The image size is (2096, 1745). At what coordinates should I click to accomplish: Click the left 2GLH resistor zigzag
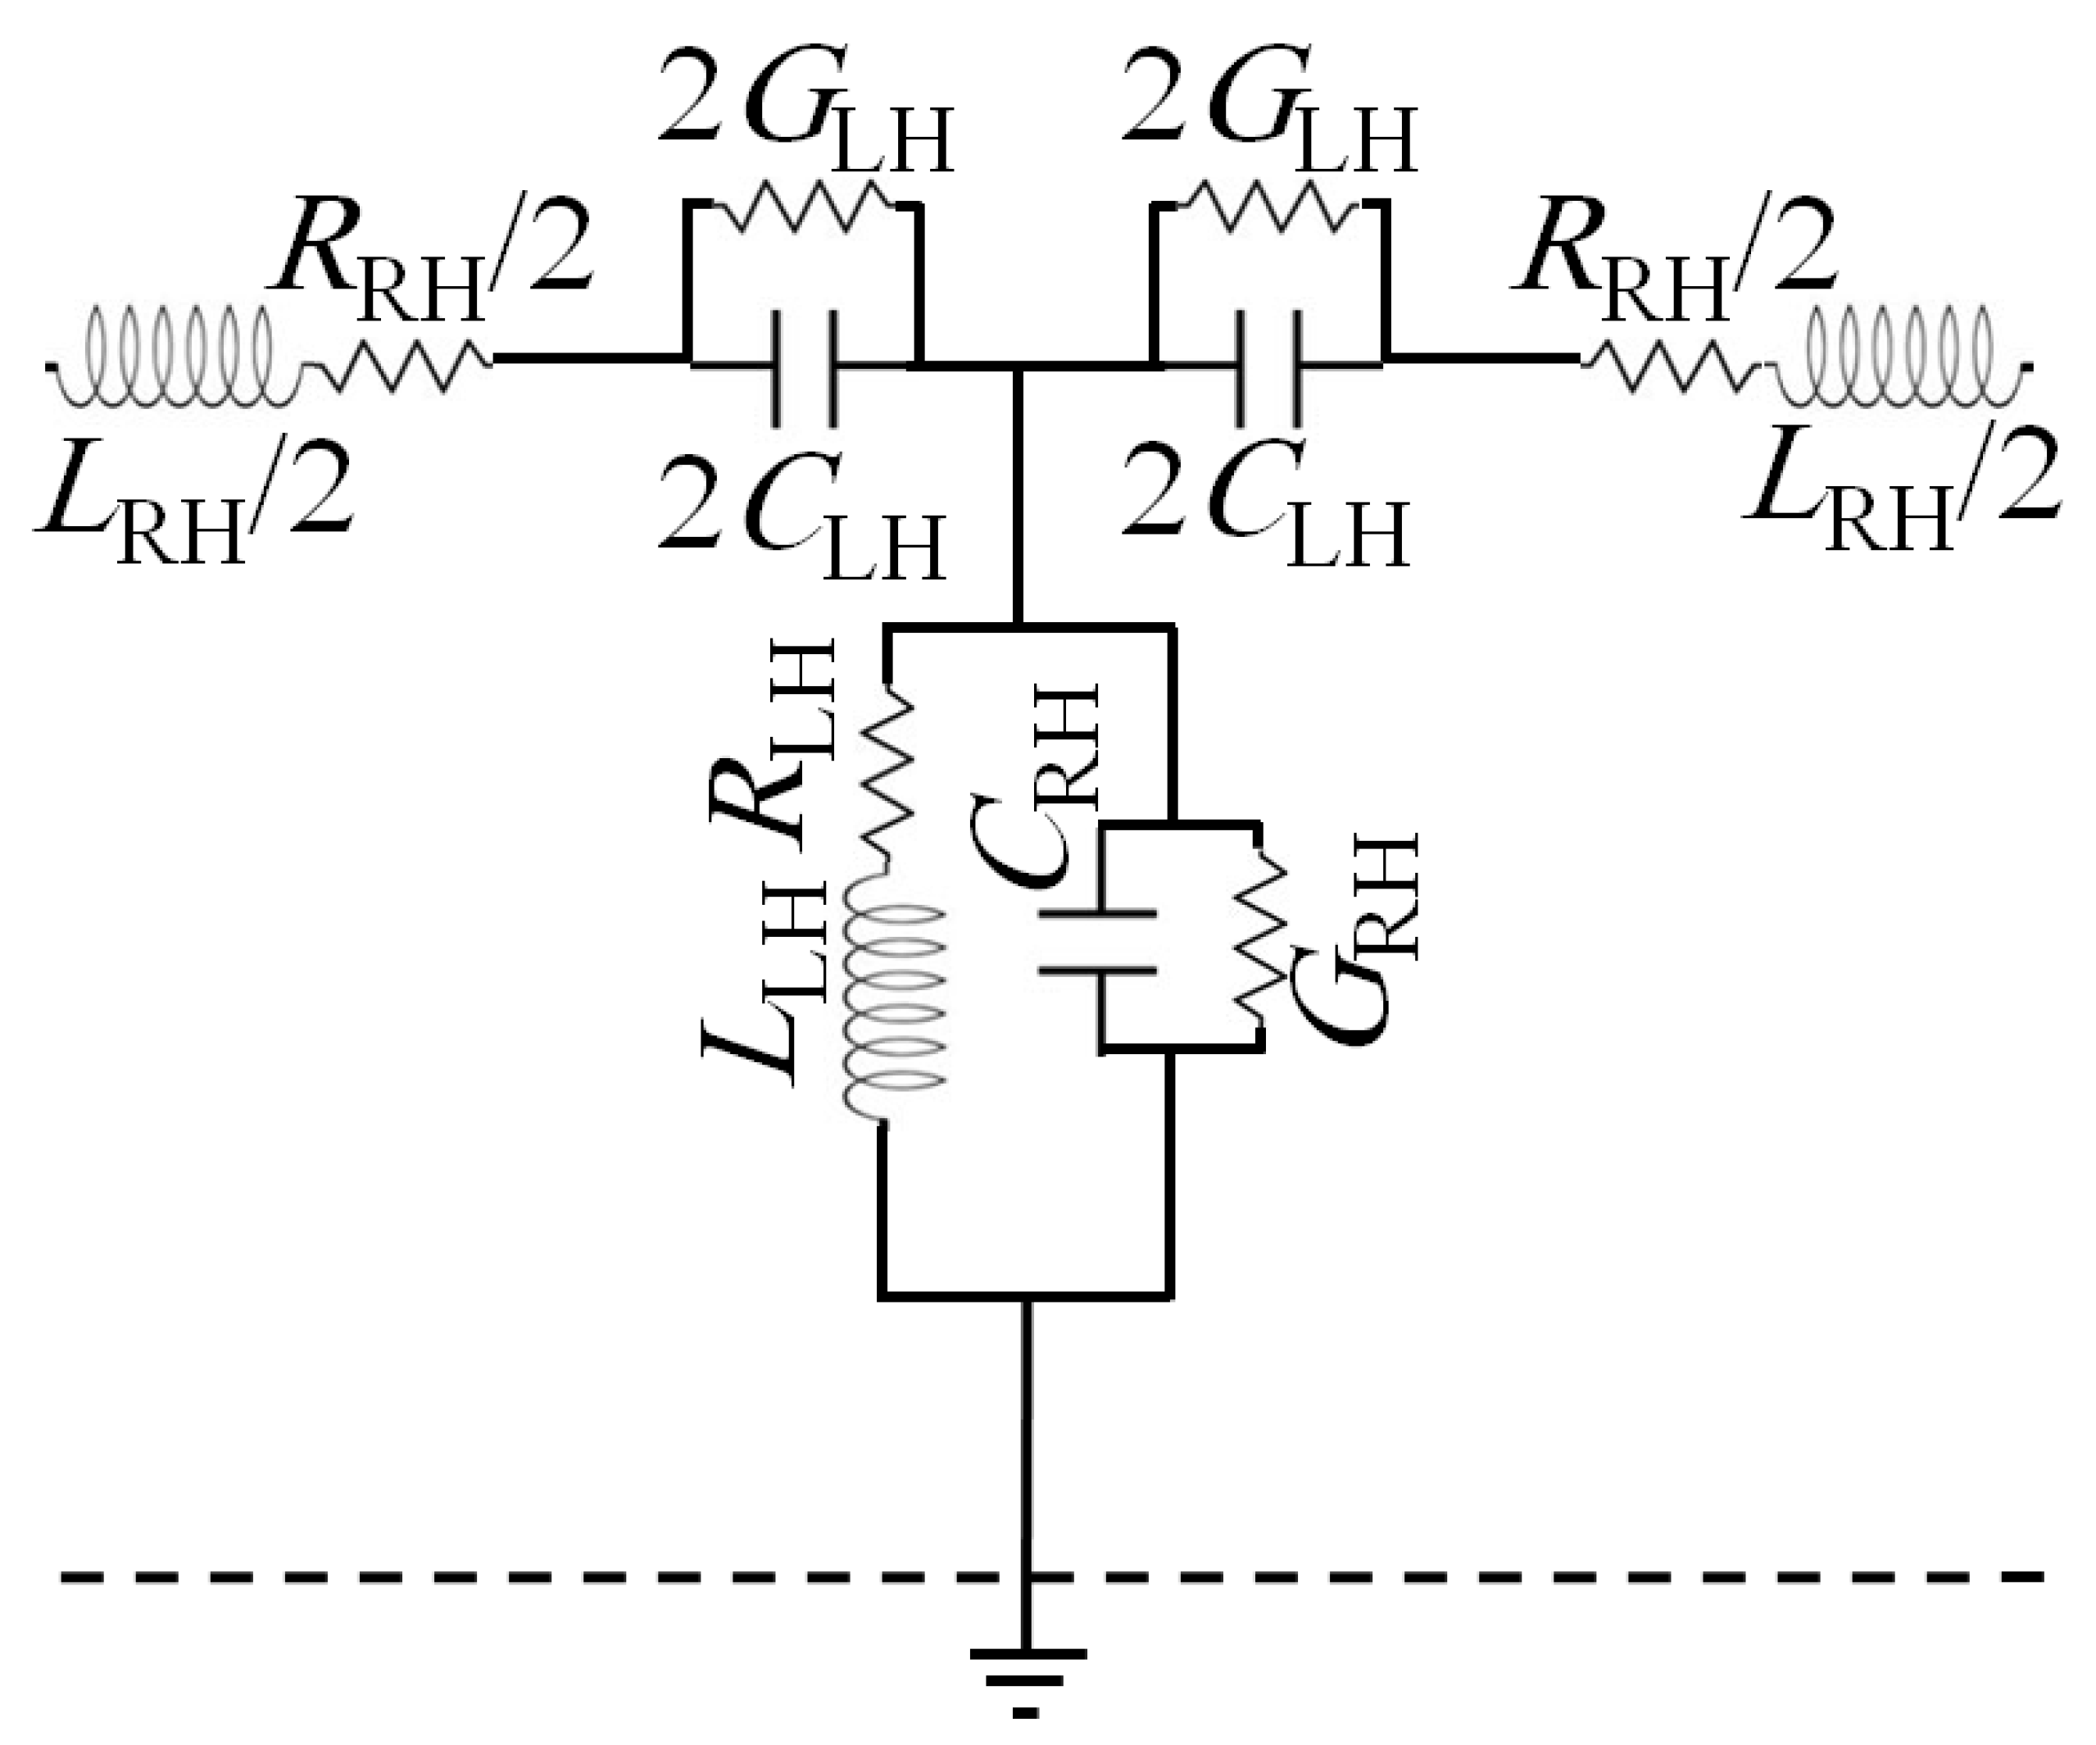[x=804, y=206]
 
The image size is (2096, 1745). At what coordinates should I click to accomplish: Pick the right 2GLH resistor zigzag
[x=1268, y=206]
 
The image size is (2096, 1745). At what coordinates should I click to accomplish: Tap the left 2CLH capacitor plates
[x=805, y=367]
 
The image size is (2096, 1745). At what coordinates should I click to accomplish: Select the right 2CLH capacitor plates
[x=1268, y=367]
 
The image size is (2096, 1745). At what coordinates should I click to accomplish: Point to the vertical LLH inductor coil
[x=892, y=998]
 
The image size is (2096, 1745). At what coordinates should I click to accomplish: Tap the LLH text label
[x=769, y=984]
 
